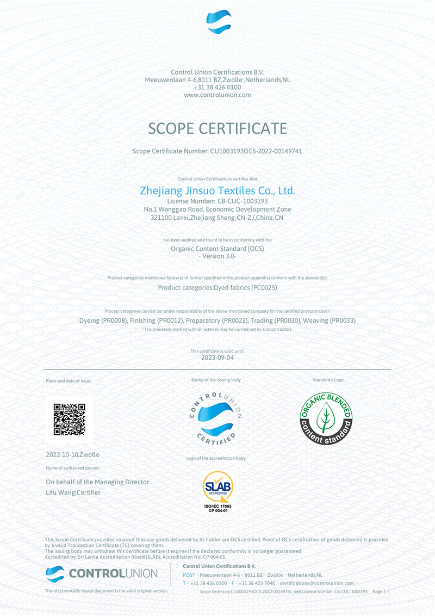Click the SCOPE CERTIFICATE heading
click(217, 128)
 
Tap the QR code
click(69, 419)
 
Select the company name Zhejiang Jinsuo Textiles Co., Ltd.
click(217, 191)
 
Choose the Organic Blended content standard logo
click(326, 418)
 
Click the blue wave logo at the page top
click(219, 22)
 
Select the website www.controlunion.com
click(217, 95)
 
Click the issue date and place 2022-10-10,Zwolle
click(73, 454)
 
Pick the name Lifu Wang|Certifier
click(73, 492)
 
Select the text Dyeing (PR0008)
click(103, 321)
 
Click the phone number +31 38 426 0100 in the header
click(217, 87)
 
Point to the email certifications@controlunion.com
click(317, 583)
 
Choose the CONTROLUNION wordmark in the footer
click(113, 573)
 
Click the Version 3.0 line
click(217, 256)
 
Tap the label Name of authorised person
click(72, 468)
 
